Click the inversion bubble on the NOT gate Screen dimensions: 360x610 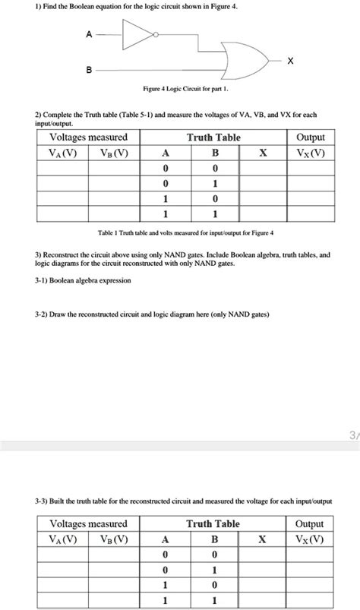tap(156, 35)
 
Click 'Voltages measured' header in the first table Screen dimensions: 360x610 tap(89, 137)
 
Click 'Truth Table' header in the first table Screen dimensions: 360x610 tap(213, 137)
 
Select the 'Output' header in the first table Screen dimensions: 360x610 tap(311, 137)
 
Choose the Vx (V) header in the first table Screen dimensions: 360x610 tap(311, 152)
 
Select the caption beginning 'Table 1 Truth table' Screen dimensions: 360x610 tap(179, 232)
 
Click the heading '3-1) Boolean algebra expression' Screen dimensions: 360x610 tap(82, 280)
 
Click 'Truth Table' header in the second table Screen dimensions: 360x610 tap(213, 524)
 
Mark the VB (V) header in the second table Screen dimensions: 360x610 tap(115, 539)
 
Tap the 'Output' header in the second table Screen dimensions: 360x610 tap(311, 524)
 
